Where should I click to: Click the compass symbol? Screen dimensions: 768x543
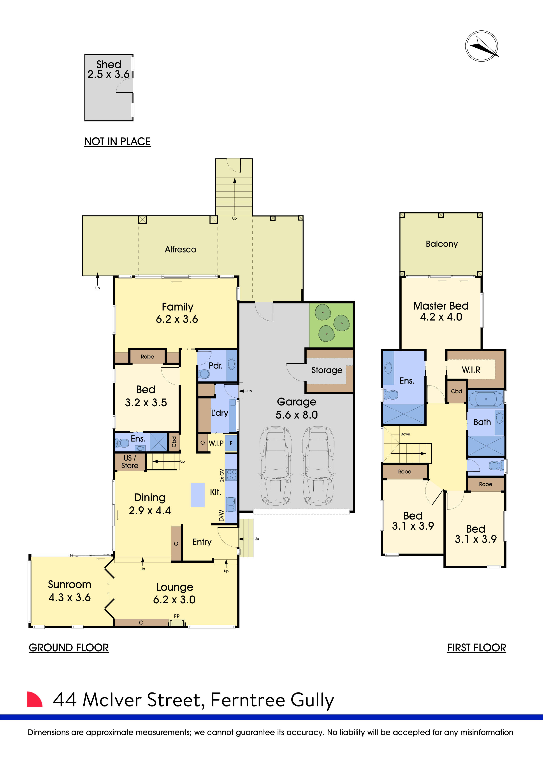coord(481,46)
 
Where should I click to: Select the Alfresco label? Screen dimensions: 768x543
coord(181,250)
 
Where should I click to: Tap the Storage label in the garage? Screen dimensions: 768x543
coord(327,370)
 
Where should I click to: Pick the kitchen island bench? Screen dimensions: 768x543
coord(198,495)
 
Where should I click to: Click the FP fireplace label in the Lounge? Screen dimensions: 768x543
coord(177,616)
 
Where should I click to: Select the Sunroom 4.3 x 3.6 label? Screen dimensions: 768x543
coord(70,591)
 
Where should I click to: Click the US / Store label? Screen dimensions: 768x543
coord(130,462)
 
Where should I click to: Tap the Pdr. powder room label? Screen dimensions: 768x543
coord(215,366)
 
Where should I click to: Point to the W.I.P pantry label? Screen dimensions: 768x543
coord(216,443)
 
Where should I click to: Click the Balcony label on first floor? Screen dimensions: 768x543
coord(441,244)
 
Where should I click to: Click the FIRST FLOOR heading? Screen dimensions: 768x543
coord(476,648)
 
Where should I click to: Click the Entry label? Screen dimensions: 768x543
coord(202,542)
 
